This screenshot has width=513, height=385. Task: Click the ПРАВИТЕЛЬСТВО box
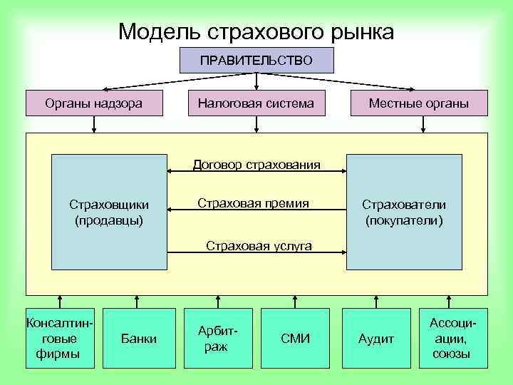tap(256, 60)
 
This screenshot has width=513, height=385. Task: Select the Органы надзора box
tap(93, 103)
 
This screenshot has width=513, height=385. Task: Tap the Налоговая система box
tap(256, 103)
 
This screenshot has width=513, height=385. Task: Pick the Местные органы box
tap(418, 103)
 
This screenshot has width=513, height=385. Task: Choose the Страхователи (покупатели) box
tap(404, 212)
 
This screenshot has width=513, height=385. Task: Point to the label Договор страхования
tap(256, 165)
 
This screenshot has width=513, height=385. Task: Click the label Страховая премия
tap(253, 204)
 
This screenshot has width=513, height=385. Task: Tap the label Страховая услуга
tap(259, 246)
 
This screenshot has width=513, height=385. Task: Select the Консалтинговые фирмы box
tap(60, 338)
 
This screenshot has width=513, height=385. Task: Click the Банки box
tap(139, 338)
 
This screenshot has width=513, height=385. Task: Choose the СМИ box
tap(296, 338)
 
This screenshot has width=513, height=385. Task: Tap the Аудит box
tap(376, 338)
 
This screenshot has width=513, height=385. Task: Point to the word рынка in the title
tap(359, 31)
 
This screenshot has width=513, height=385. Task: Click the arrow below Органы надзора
tap(93, 124)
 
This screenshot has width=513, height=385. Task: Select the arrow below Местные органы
tap(423, 124)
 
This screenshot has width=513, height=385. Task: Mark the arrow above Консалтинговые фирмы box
tap(60, 302)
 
